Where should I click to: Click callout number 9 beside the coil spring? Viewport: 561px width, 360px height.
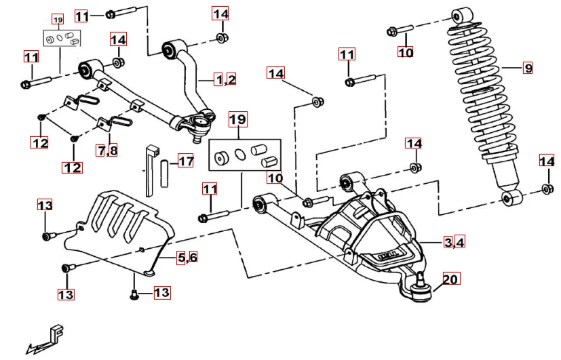(x=527, y=68)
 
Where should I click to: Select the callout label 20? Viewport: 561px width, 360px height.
(x=450, y=278)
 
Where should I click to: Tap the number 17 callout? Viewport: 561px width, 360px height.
(x=185, y=161)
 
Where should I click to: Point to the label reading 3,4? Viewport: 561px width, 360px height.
(x=454, y=242)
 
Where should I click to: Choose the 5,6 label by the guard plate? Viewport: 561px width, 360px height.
(x=187, y=258)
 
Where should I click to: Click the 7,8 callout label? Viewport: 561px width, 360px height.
(x=107, y=151)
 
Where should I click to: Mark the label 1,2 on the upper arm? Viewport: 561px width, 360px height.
(x=225, y=80)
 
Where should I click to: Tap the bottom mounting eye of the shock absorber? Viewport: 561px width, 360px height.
(x=510, y=198)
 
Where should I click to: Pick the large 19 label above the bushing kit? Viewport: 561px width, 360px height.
(x=237, y=121)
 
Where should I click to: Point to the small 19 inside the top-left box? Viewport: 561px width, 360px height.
(x=57, y=20)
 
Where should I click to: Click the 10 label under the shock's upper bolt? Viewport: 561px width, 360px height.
(x=405, y=52)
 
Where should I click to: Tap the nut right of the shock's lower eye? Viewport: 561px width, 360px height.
(x=546, y=190)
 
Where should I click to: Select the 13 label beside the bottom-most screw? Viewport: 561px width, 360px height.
(x=161, y=293)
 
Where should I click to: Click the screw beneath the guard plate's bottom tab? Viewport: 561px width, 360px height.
(x=134, y=294)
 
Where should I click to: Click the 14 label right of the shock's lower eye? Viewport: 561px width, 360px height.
(x=547, y=161)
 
